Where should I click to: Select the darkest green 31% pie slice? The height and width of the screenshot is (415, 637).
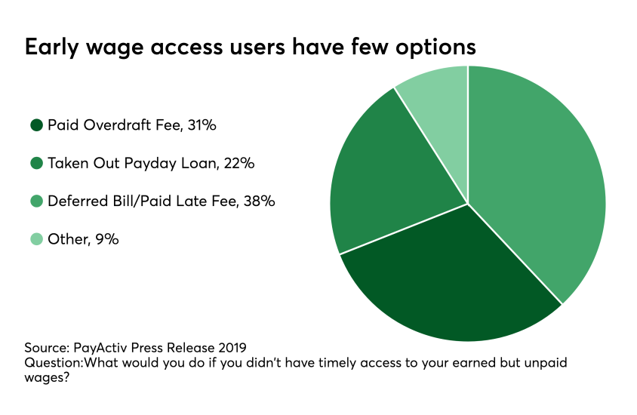coord(445,279)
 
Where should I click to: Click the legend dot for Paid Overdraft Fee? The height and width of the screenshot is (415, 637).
coord(35,126)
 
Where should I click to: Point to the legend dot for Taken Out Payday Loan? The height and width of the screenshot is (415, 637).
coord(35,164)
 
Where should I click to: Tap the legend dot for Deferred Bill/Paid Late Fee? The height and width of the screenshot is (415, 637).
coord(35,201)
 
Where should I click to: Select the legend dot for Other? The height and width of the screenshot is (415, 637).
coord(35,239)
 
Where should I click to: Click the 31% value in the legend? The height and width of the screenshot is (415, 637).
coord(202,126)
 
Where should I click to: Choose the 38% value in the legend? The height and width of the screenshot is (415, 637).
coord(260,201)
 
